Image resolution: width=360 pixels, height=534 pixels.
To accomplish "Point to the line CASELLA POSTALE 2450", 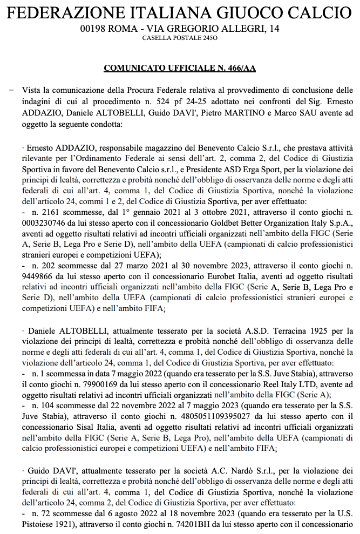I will pyautogui.click(x=179, y=38).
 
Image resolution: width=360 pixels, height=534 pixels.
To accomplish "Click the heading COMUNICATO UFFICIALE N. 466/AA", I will pyautogui.click(x=180, y=69).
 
